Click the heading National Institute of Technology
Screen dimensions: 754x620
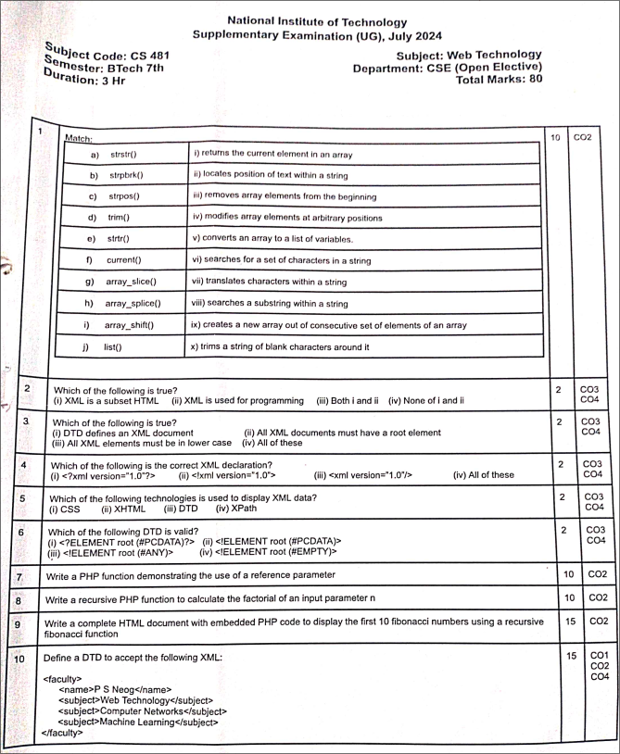316,21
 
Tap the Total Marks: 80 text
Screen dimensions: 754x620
500,80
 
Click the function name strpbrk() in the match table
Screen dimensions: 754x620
126,175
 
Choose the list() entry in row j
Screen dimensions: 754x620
113,346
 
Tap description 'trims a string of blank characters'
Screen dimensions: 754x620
281,346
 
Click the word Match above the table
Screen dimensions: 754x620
79,138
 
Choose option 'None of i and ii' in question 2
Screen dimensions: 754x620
426,401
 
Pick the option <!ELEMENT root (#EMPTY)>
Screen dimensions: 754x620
268,551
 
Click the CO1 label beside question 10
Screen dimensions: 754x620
600,655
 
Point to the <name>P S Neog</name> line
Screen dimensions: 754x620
115,689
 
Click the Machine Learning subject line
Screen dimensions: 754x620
138,722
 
